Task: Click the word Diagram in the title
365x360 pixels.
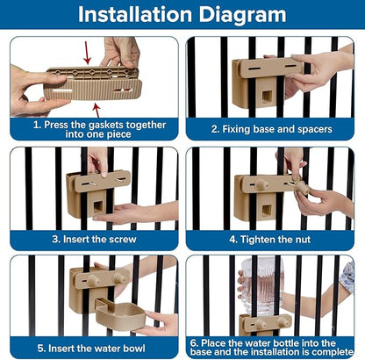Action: [x=243, y=15]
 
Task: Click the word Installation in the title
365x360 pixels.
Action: [x=135, y=14]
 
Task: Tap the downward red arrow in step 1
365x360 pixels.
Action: [x=87, y=53]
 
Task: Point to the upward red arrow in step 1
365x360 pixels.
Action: [x=97, y=111]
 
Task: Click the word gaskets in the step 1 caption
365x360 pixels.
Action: [x=106, y=125]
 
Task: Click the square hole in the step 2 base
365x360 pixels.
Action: [x=267, y=97]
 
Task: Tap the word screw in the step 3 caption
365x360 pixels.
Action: [x=124, y=240]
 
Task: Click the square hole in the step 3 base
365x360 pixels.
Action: [x=97, y=207]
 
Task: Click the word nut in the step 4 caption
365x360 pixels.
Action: [x=303, y=240]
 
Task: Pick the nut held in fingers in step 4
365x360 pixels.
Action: [x=302, y=187]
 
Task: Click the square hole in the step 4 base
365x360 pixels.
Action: [x=266, y=211]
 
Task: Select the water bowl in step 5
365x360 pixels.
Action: [x=120, y=316]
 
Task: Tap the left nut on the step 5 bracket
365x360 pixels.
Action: [x=93, y=280]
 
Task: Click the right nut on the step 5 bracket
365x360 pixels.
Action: [x=119, y=278]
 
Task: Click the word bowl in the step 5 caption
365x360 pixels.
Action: [x=134, y=349]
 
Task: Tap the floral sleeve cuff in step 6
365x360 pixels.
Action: [x=347, y=277]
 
